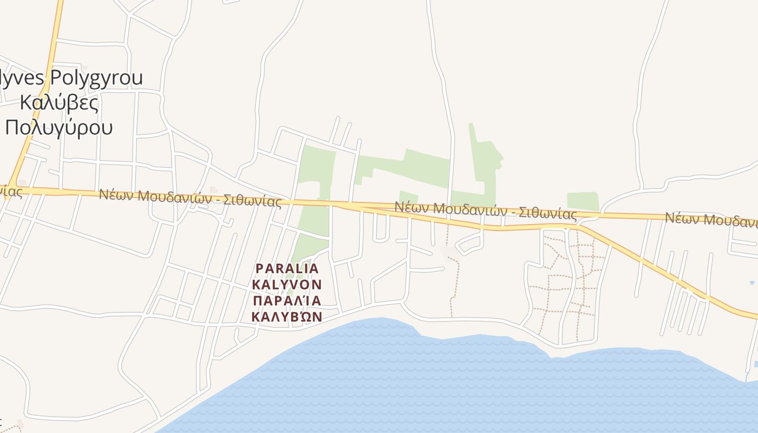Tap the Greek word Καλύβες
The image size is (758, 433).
click(x=59, y=102)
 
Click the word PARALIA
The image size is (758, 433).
click(x=287, y=268)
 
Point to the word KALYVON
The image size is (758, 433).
click(x=287, y=284)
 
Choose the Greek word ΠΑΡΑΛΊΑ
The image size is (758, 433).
click(x=287, y=300)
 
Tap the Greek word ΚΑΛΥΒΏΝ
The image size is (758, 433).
click(x=287, y=316)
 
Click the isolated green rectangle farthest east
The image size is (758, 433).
click(x=583, y=201)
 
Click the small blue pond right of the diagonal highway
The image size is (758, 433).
click(x=753, y=283)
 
